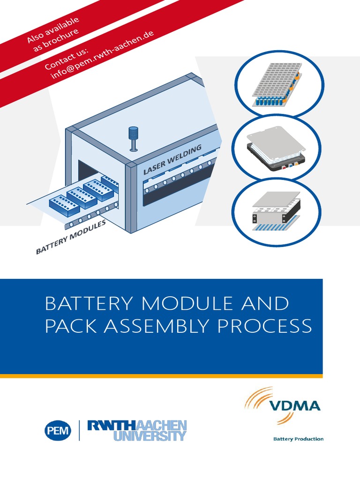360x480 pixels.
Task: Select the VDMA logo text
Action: [294, 405]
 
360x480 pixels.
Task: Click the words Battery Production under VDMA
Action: [298, 439]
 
